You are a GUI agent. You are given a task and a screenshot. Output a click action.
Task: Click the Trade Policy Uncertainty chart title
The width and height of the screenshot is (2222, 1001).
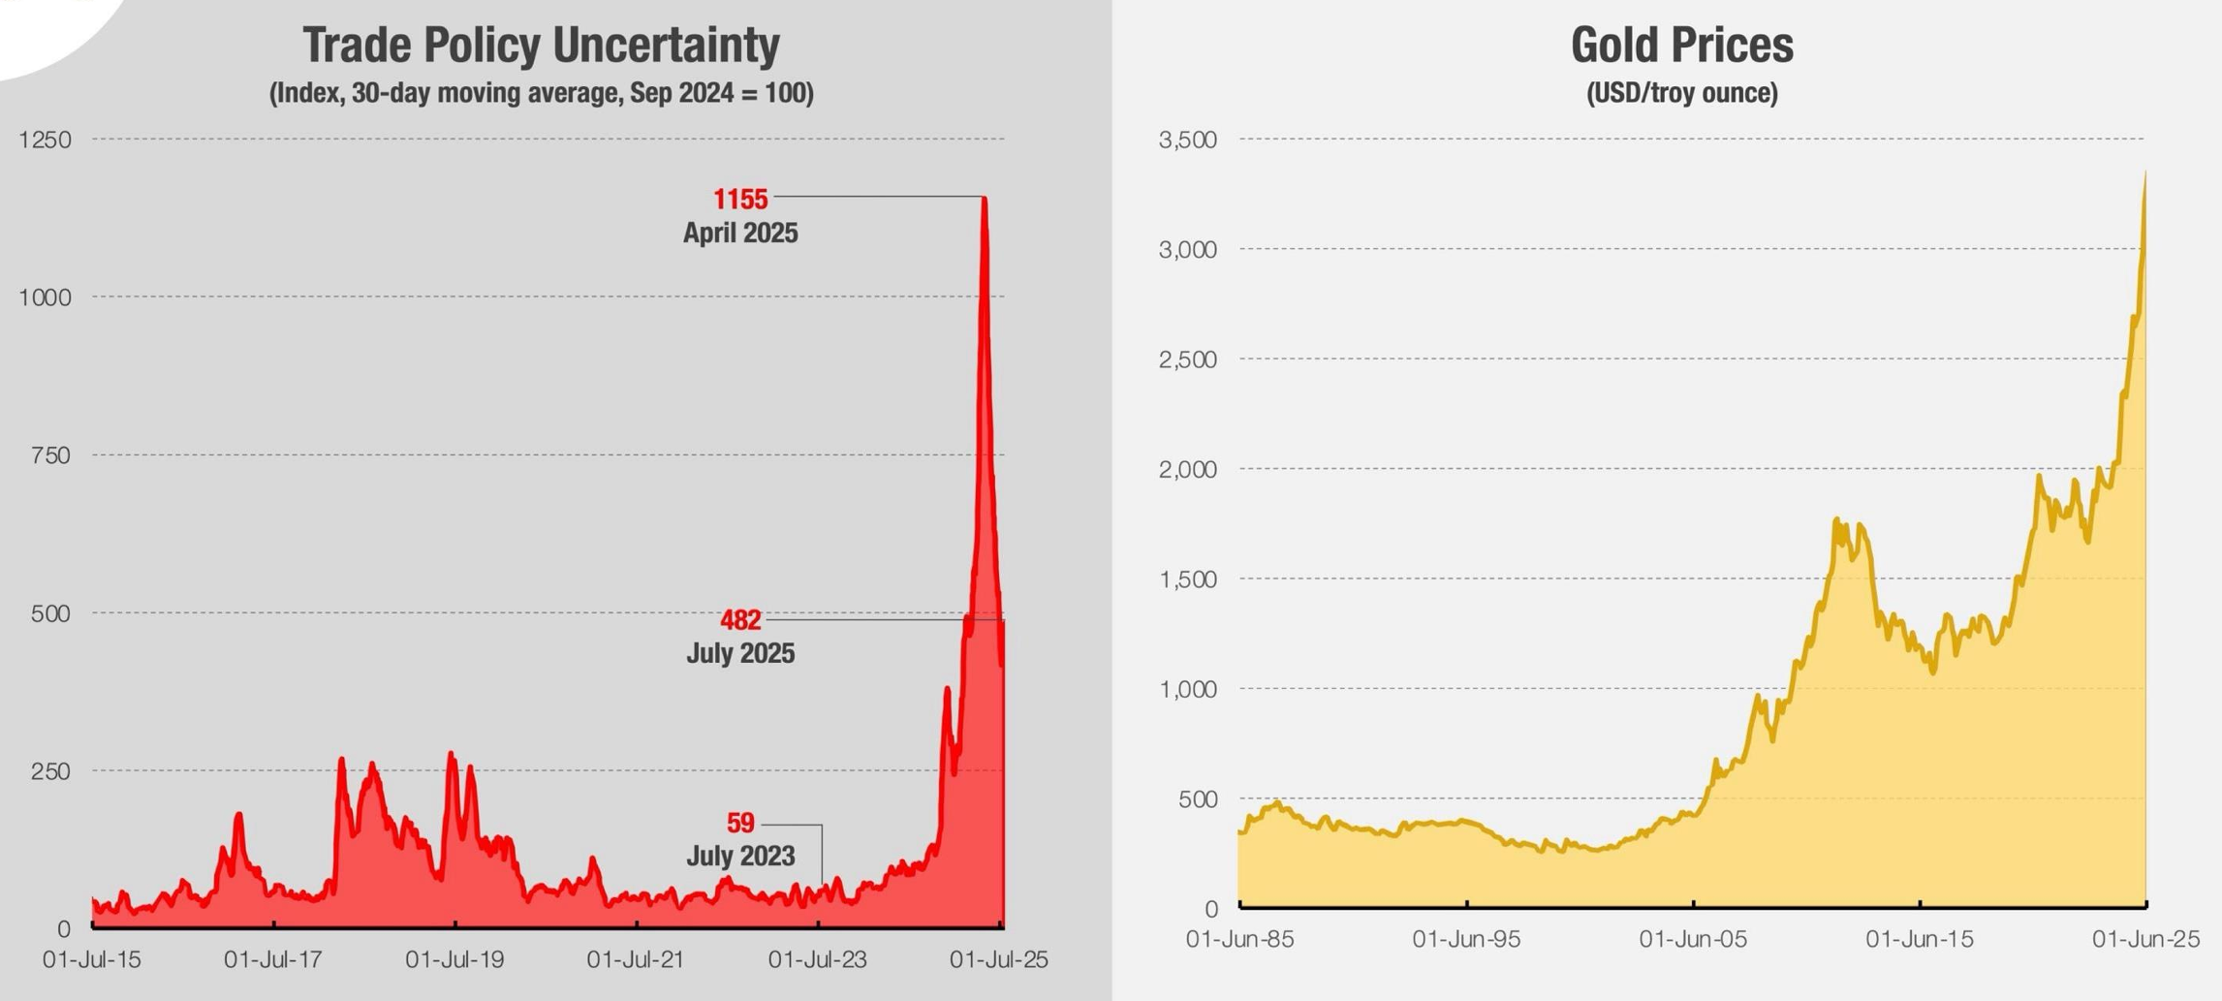click(x=541, y=45)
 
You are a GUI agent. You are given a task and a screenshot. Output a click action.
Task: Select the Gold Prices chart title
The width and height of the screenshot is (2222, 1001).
click(x=1681, y=45)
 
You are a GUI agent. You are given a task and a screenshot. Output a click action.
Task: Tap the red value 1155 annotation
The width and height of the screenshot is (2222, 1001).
click(x=740, y=200)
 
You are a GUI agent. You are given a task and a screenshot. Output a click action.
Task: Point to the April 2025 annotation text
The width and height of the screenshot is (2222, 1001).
click(x=740, y=234)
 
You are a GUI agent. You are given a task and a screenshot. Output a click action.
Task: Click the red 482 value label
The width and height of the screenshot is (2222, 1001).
click(x=740, y=620)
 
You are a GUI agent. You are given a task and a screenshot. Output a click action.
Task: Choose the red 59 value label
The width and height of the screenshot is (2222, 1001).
click(x=740, y=823)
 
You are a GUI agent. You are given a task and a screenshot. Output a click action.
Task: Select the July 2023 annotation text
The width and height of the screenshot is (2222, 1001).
click(x=740, y=857)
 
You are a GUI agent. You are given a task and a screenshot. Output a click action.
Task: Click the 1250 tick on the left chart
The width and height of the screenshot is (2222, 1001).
click(x=45, y=140)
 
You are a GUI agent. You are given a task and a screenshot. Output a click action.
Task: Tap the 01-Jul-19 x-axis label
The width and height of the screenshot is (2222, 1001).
click(x=454, y=960)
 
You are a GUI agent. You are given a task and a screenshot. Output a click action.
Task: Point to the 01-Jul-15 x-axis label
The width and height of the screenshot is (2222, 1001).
click(x=92, y=960)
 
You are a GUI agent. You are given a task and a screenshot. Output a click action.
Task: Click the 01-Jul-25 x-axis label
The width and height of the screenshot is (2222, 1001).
click(x=998, y=960)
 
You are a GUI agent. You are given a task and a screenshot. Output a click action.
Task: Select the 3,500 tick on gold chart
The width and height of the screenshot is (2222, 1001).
click(x=1187, y=140)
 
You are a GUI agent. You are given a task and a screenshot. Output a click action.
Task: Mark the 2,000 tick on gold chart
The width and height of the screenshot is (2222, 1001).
click(x=1187, y=470)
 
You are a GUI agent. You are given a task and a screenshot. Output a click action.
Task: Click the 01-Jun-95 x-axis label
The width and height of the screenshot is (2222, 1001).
click(x=1466, y=939)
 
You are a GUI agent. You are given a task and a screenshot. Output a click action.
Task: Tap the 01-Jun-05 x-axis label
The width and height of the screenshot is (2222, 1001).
click(x=1693, y=939)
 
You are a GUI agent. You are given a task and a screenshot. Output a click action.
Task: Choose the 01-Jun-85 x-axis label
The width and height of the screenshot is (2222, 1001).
click(x=1239, y=939)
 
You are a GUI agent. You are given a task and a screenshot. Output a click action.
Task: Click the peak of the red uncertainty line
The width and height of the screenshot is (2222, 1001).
click(x=985, y=199)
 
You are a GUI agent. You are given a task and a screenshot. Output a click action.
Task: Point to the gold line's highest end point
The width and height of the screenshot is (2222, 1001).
click(x=2145, y=172)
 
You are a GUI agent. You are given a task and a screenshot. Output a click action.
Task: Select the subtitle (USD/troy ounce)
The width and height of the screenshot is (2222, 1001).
click(x=1681, y=93)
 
